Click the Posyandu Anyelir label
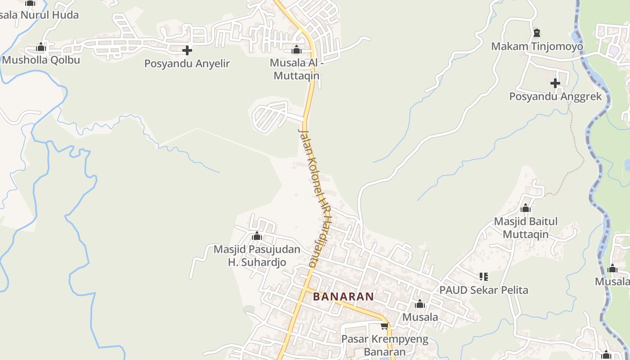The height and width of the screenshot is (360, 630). coord(187,63)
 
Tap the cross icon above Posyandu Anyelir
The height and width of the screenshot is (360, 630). coord(187,50)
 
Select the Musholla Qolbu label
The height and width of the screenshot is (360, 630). coord(41,60)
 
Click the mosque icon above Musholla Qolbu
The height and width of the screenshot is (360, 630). coord(41,47)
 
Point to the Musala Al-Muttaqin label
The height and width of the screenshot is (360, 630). coord(297,69)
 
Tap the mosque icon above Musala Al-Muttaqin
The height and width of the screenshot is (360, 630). coord(297,49)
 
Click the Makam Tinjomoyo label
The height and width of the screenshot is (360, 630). coord(537,46)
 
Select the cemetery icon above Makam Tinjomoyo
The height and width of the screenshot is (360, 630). coord(536,33)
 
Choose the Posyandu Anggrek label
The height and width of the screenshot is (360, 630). coord(555,96)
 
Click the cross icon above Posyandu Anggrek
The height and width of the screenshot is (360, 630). coord(555,83)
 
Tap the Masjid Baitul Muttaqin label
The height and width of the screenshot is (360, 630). coord(526,228)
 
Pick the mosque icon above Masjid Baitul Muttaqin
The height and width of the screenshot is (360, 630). coord(525,208)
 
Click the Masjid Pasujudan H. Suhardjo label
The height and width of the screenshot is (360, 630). coord(256,256)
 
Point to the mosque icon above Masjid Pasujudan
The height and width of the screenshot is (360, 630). coord(257,236)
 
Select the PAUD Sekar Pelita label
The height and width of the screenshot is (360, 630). coord(484,290)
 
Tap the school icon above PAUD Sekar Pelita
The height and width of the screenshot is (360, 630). coord(484,276)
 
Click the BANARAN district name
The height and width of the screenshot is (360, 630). coord(343,297)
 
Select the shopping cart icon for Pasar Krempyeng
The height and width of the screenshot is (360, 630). coord(384,326)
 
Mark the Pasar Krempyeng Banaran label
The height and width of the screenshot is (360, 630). coord(385,345)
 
